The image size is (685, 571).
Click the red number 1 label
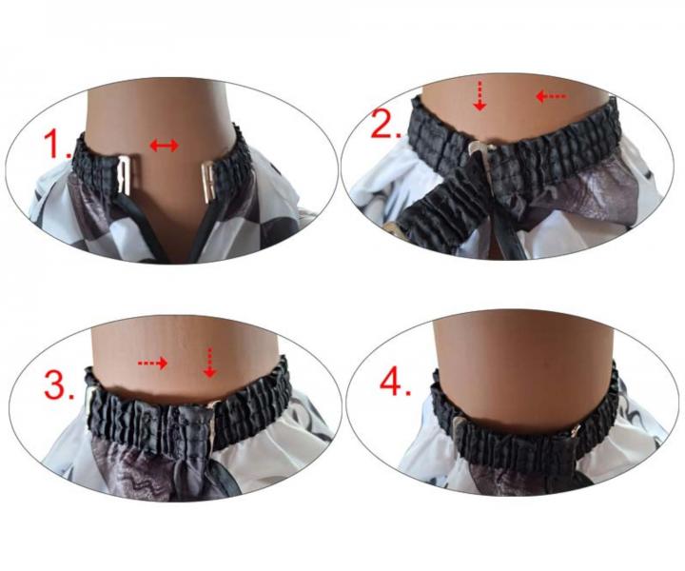[x=58, y=144]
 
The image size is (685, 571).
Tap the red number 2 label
[x=385, y=123]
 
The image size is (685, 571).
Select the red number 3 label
[x=59, y=384]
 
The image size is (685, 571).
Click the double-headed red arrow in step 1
[x=165, y=145]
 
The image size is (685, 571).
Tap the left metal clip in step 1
[x=125, y=176]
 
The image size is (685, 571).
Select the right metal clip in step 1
[x=207, y=181]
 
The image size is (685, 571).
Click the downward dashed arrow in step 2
[x=480, y=96]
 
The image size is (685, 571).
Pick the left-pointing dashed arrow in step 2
[x=551, y=96]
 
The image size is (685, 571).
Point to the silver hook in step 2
[x=477, y=148]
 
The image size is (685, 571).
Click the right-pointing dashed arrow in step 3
[x=153, y=363]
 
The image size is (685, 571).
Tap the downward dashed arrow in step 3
[x=210, y=363]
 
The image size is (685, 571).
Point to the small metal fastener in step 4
[x=577, y=430]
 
